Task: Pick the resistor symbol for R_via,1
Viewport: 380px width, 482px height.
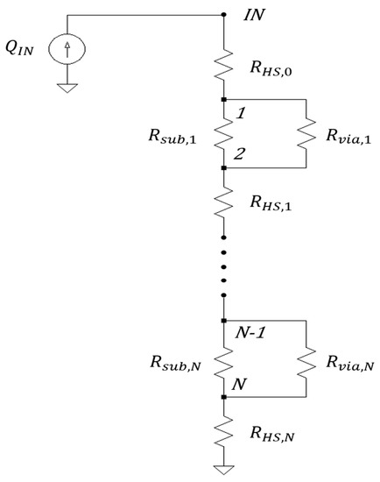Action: pos(306,133)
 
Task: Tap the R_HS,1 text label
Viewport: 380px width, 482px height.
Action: pos(271,202)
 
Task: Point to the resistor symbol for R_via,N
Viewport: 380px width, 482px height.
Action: pos(306,358)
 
